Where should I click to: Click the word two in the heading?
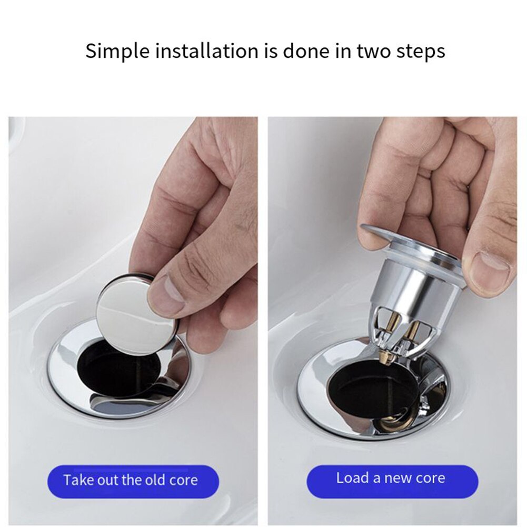click(373, 52)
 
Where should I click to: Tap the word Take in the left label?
click(77, 480)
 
